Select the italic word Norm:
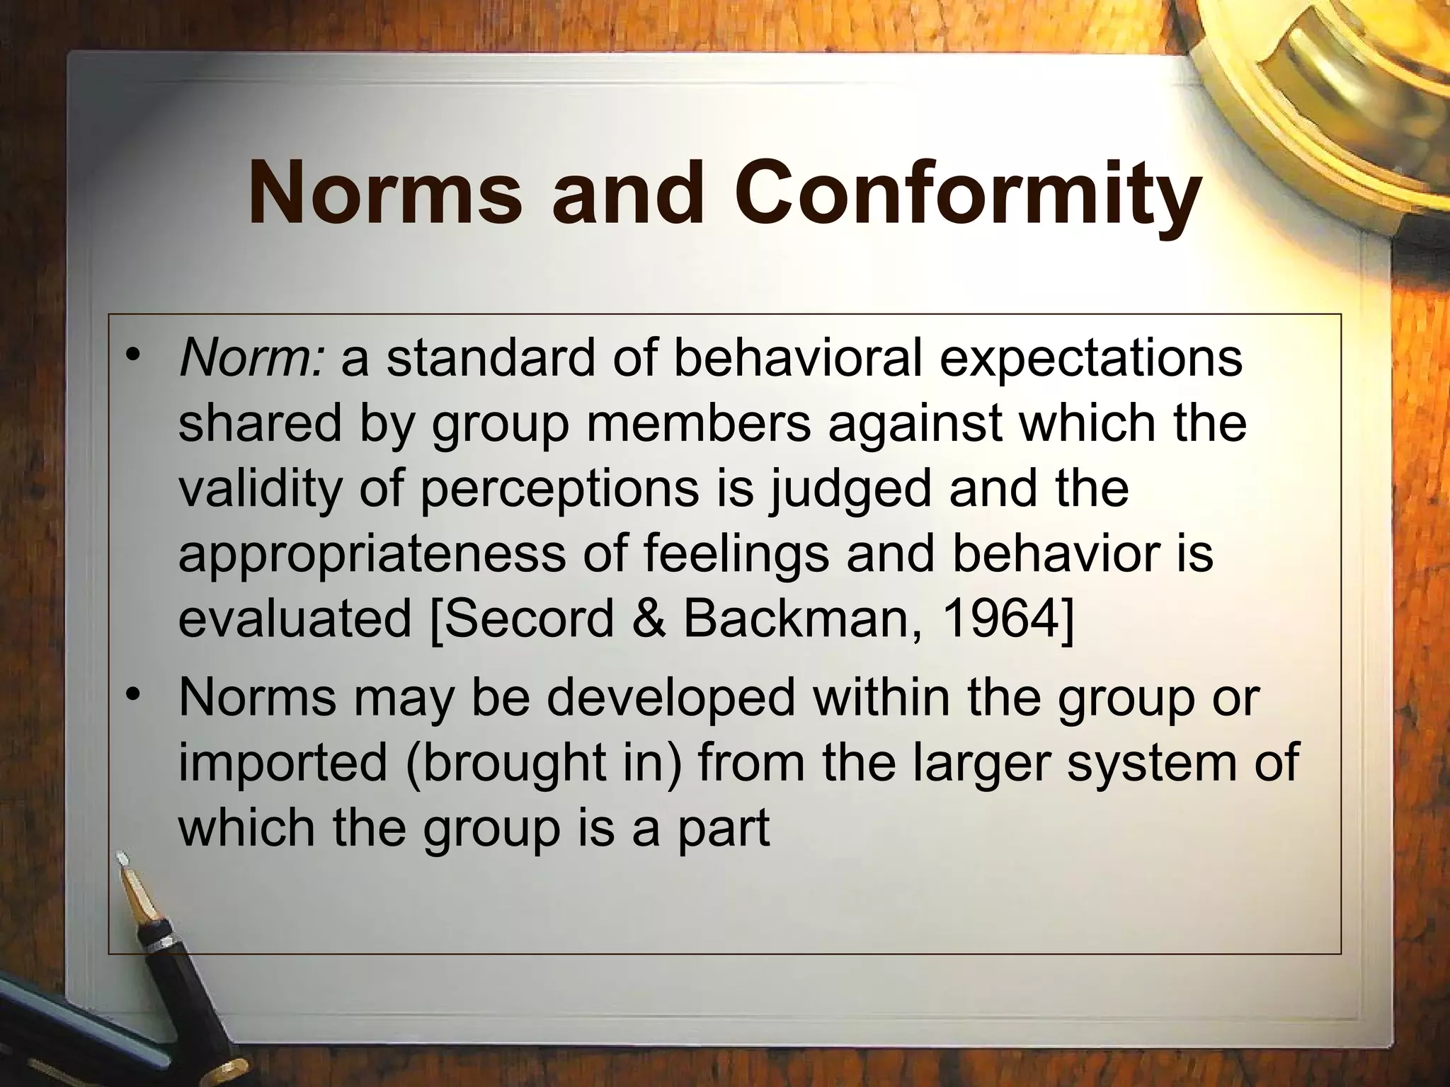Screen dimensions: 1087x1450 [253, 359]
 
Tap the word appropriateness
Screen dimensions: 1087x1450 [371, 554]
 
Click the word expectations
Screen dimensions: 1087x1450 [1090, 359]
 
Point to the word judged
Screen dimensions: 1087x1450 [850, 490]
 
